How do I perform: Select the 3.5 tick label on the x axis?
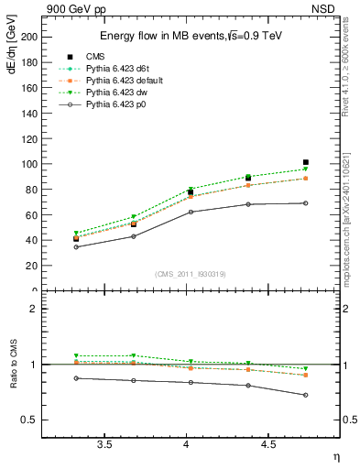(x=104, y=445)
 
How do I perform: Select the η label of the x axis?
(x=335, y=456)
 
